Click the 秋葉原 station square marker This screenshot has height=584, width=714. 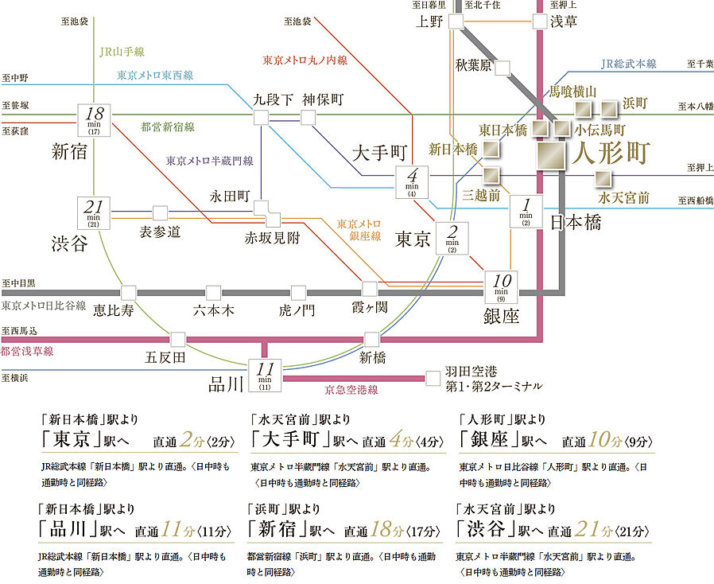click(x=502, y=68)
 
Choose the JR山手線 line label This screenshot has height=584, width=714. click(x=122, y=53)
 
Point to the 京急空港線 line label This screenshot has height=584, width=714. click(x=351, y=390)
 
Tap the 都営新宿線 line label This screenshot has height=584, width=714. click(x=168, y=127)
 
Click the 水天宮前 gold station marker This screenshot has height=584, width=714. click(x=604, y=178)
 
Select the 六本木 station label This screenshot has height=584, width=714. click(x=214, y=310)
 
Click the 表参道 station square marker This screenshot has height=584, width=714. click(x=160, y=212)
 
